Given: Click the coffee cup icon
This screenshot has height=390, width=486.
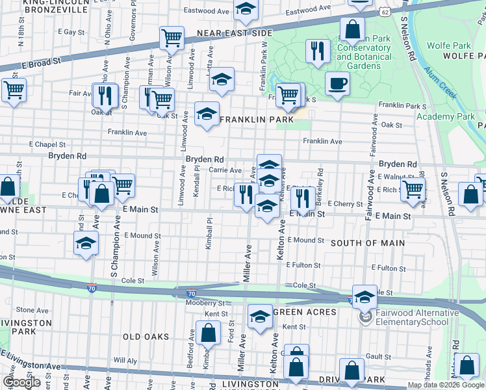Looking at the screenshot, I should (x=337, y=84).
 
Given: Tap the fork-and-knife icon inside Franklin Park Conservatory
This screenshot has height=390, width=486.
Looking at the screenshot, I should (x=317, y=51).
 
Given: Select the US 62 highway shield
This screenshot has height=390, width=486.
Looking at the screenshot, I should (x=385, y=12).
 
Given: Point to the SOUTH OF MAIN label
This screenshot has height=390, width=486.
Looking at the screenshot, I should (x=368, y=243).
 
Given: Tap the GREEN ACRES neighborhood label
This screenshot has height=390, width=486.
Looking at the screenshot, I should (x=305, y=312).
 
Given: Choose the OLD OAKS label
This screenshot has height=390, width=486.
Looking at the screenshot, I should (x=146, y=337).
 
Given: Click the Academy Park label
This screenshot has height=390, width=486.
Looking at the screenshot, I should (x=446, y=116).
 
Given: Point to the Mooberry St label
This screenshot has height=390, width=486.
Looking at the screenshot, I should (x=204, y=304).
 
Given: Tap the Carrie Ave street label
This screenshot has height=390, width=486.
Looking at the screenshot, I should (x=225, y=170).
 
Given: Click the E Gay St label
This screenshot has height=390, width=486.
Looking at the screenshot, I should (x=71, y=31).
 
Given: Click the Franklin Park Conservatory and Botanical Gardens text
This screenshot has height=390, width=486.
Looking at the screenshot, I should (x=364, y=53).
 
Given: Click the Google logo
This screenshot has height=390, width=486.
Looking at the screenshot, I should (x=22, y=382).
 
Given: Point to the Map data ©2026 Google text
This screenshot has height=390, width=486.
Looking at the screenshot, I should (x=446, y=385).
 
